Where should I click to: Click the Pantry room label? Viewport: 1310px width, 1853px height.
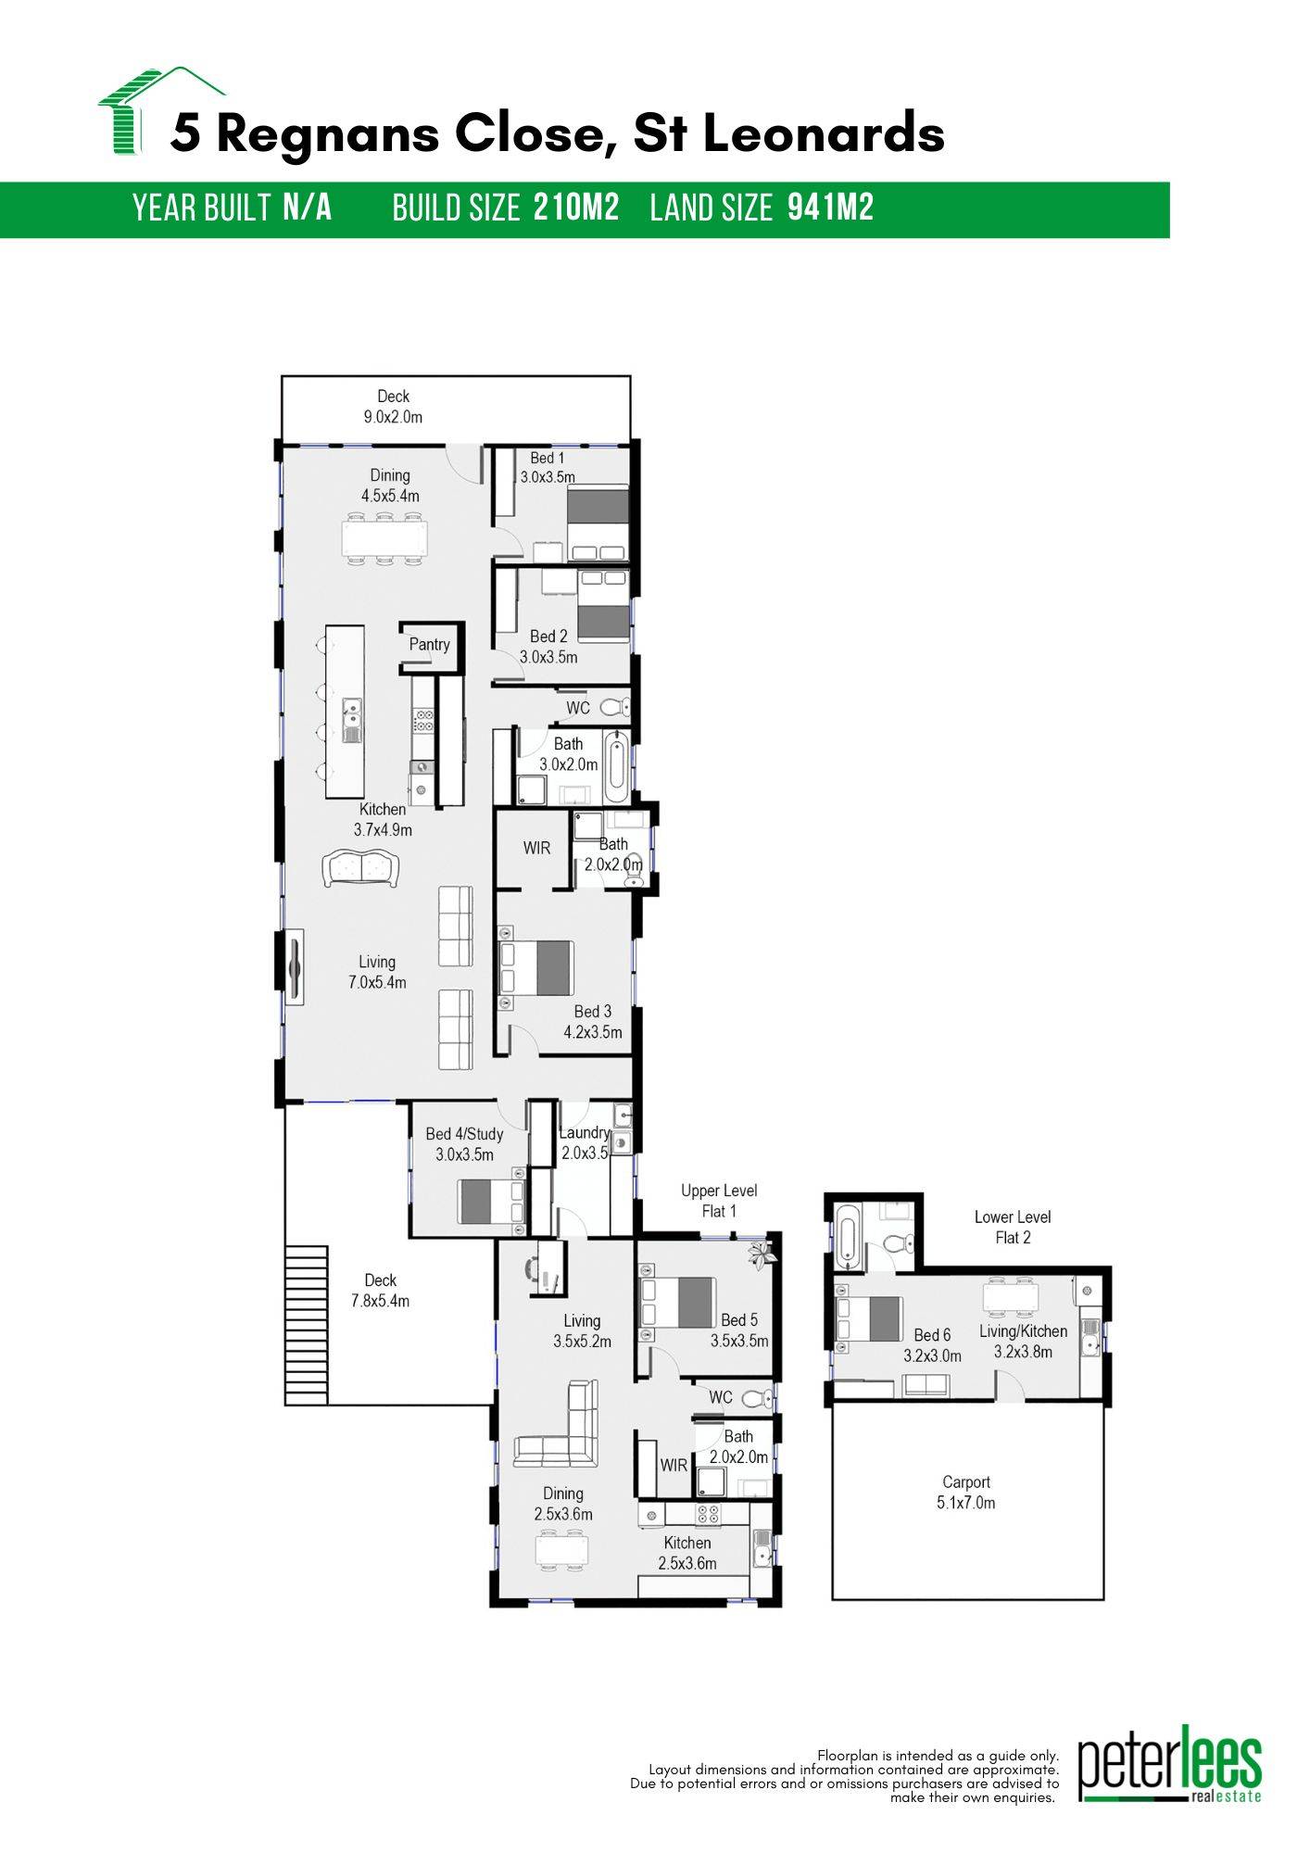pos(429,645)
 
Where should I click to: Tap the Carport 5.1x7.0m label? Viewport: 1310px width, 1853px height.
pos(965,1493)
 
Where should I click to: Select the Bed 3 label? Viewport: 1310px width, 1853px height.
pos(593,1012)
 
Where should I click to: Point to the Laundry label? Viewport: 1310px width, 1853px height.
pos(585,1132)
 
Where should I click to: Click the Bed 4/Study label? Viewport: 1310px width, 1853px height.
pos(464,1134)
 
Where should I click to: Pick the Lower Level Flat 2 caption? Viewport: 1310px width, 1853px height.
pos(1013,1227)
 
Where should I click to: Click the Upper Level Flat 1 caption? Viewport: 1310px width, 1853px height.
pos(719,1201)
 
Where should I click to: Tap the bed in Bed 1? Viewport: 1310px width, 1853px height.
pos(598,524)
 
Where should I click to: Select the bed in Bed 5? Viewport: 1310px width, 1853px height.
pos(679,1302)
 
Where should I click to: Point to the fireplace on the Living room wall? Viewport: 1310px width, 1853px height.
pos(295,966)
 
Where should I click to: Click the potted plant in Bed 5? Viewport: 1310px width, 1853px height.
pos(762,1254)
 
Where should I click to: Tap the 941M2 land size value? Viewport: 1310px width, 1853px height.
pos(830,208)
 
